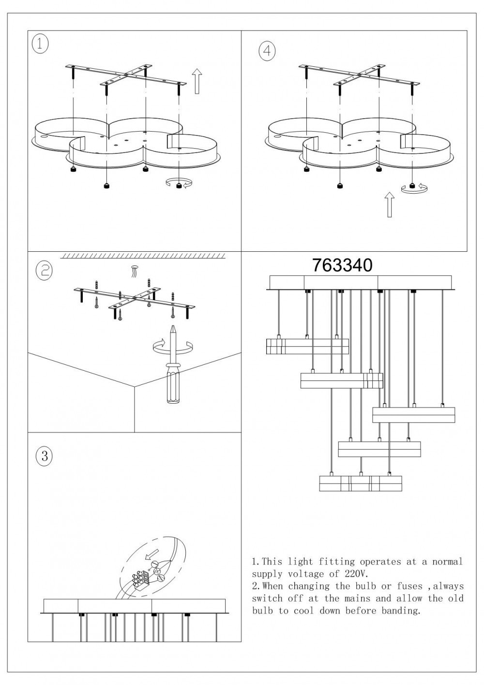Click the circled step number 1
pos(40,45)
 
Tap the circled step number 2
pos(45,270)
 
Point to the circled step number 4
pos(267,51)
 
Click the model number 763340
pos(342,265)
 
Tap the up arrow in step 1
pos(197,81)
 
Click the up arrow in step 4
pos(389,205)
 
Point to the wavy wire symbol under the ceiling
pos(134,272)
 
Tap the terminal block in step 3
pos(140,577)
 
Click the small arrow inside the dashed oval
pos(151,553)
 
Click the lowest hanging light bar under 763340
pos(361,484)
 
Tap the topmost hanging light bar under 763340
pos(307,347)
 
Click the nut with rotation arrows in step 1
pos(179,185)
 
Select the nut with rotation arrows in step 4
pos(412,185)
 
